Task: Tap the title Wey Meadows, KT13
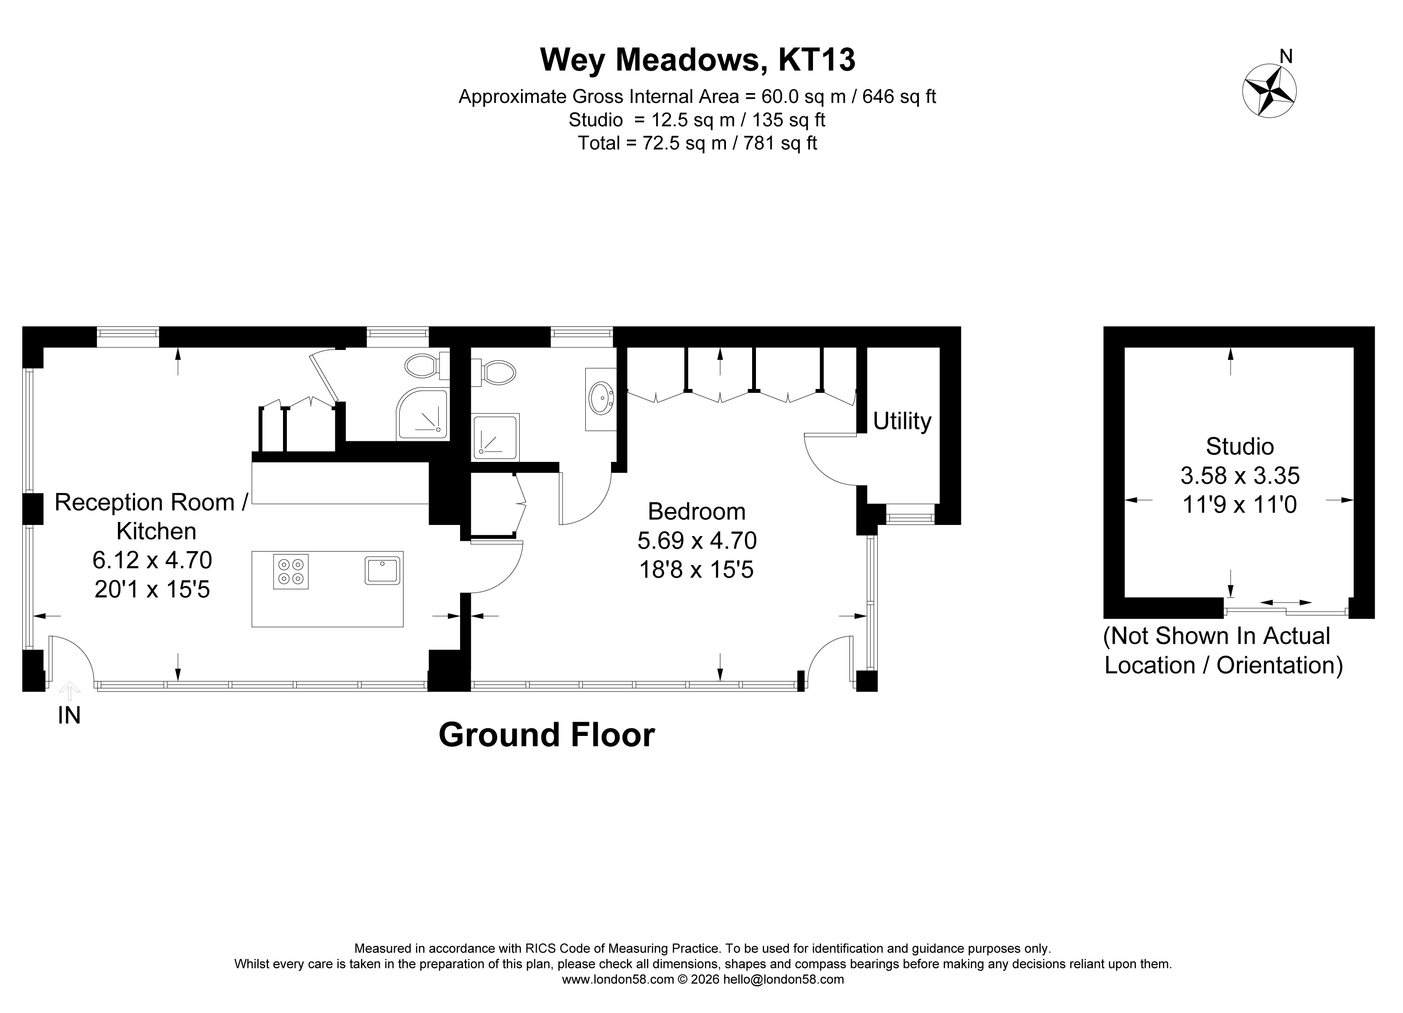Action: coord(698,60)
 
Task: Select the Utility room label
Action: coord(902,422)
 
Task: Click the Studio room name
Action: coord(1240,446)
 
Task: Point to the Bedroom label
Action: coord(696,512)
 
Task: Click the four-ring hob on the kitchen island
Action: coord(291,571)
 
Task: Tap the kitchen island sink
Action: coord(383,570)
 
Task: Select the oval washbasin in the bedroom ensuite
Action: coord(601,398)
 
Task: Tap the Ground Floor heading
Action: coord(546,735)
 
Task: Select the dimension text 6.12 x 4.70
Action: coord(152,560)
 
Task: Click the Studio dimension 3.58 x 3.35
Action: coord(1240,476)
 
